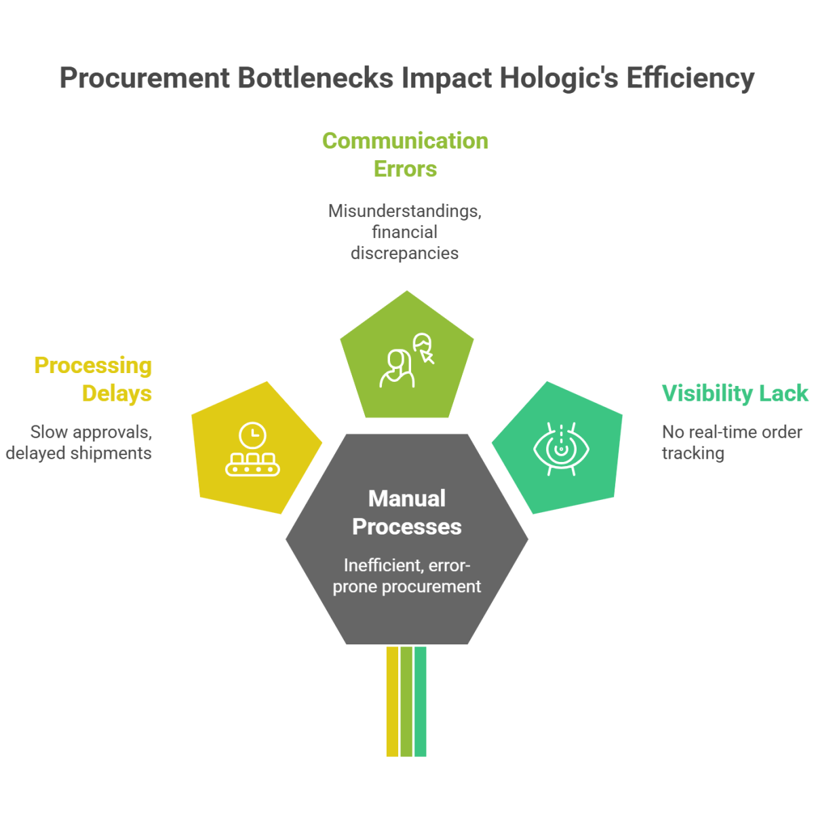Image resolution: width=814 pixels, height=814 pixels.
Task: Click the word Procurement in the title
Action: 144,79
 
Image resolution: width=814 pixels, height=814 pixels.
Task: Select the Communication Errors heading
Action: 405,155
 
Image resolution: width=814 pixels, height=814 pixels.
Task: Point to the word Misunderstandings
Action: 405,211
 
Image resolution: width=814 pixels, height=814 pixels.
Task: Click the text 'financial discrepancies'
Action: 405,243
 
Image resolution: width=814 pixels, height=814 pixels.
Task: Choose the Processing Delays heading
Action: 94,379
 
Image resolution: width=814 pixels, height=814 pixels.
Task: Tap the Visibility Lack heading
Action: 735,393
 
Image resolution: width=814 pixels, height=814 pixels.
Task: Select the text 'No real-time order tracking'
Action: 731,442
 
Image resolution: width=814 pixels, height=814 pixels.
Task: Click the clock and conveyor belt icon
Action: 253,450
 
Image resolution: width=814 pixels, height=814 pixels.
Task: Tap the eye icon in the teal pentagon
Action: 562,448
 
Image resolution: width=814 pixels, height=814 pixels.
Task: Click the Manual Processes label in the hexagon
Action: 407,513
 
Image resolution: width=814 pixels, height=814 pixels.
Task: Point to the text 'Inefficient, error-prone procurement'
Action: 407,576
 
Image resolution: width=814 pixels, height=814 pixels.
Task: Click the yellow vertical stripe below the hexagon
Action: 392,701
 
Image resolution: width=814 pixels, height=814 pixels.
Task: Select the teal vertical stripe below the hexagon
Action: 421,701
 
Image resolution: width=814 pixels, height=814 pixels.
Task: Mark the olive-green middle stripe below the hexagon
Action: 406,701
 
